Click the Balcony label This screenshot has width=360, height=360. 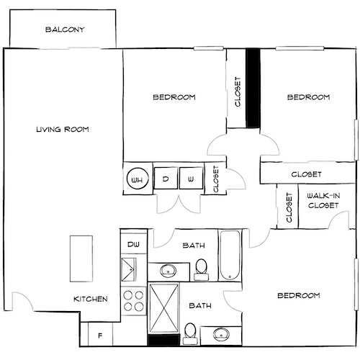[x=66, y=30]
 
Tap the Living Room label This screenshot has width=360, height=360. [x=62, y=130]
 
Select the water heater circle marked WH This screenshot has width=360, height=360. [x=138, y=179]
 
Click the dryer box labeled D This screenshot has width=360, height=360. [x=166, y=179]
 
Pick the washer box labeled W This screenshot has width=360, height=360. [x=190, y=179]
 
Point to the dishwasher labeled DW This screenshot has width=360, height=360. [x=133, y=245]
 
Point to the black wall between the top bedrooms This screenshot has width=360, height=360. [x=253, y=88]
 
